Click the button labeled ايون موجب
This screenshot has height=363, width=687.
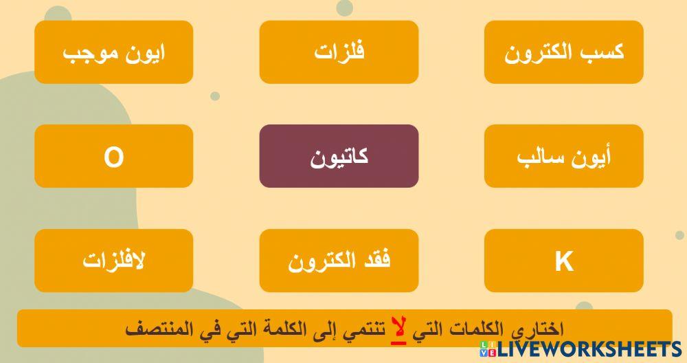coord(113,52)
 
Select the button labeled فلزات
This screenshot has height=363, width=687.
coord(339,52)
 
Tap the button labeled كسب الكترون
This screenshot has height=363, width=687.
coord(564,52)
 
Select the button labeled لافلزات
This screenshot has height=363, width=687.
coord(113,261)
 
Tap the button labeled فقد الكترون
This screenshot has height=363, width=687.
coord(339,261)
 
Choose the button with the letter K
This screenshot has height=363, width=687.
coord(564,261)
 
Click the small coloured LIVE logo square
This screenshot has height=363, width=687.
coord(489,349)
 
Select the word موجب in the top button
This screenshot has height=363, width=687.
coord(88,53)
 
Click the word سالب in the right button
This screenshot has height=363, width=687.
coord(539,157)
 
